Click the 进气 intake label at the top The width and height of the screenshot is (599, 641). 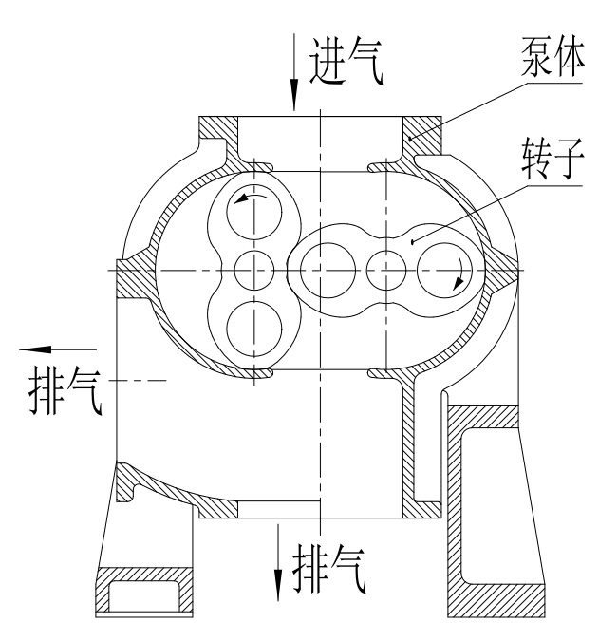pos(346,61)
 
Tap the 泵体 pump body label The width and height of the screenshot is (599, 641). pos(552,57)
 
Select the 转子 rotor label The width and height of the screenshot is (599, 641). pos(552,160)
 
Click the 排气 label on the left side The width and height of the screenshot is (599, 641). pos(65,391)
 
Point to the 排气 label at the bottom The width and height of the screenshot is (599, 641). pos(328,569)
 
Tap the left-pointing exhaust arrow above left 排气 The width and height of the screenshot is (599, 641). pos(58,349)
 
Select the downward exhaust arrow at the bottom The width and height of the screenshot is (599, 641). pos(278,562)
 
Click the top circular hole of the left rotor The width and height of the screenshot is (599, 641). pos(254,212)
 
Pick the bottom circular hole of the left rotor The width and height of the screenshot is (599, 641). pos(254,330)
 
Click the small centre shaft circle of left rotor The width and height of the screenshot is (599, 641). pos(254,271)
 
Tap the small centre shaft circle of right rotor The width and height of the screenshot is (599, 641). pos(386,271)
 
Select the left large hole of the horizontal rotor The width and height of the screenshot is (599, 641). pos(328,271)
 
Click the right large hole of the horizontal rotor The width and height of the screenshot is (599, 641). pos(444,271)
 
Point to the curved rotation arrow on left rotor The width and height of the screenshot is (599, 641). pos(250,197)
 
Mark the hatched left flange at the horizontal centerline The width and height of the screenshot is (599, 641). pos(131,278)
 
